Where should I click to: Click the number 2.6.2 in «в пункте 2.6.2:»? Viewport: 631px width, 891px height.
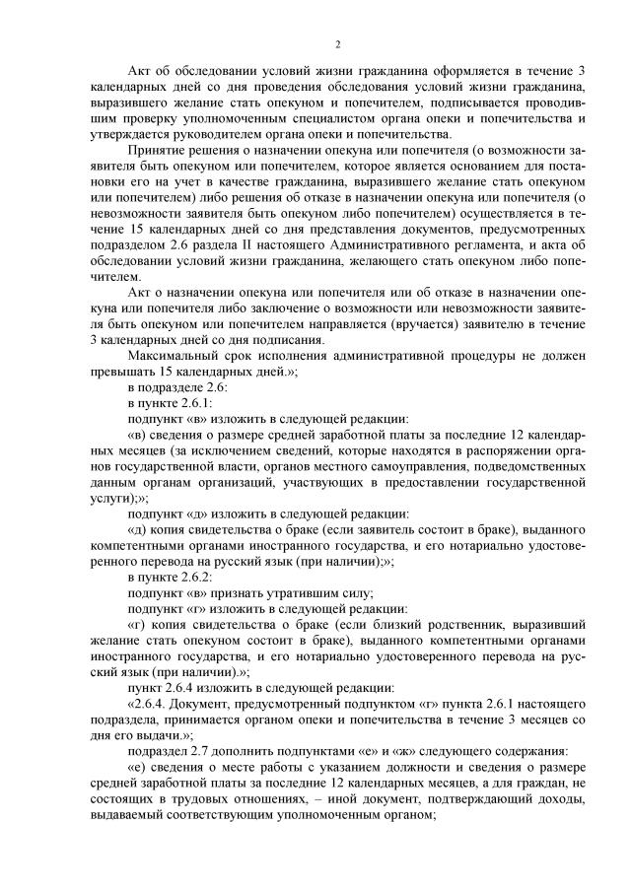[193, 575]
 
